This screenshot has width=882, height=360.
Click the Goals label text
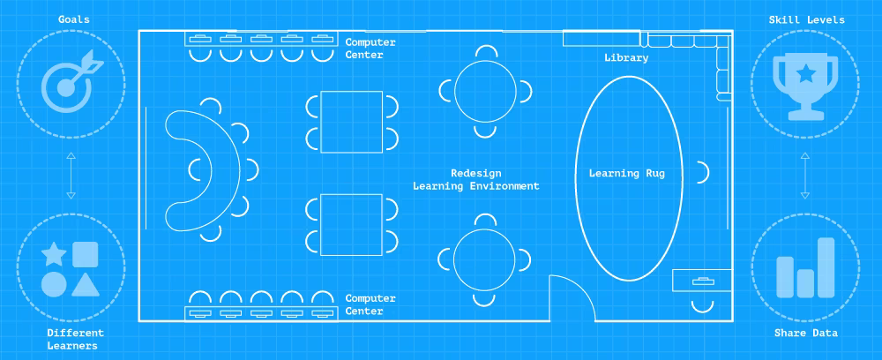click(74, 19)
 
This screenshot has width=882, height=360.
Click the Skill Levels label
click(807, 19)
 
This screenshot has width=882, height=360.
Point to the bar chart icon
click(805, 267)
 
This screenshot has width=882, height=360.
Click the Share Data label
click(805, 333)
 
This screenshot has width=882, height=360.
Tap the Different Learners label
click(75, 339)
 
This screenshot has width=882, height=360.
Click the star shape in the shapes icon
click(54, 254)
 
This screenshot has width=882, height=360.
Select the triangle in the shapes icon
click(86, 285)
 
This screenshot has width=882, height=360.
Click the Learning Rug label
click(626, 173)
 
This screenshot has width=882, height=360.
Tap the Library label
click(626, 57)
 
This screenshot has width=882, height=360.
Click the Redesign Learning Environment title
click(476, 179)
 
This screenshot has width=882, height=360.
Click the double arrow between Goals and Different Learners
click(71, 176)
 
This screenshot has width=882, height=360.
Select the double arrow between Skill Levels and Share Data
click(805, 176)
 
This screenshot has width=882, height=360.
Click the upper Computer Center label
click(370, 49)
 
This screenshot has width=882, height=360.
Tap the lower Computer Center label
click(370, 305)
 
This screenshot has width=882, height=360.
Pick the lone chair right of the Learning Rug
click(703, 172)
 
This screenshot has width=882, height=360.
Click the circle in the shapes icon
click(54, 285)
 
